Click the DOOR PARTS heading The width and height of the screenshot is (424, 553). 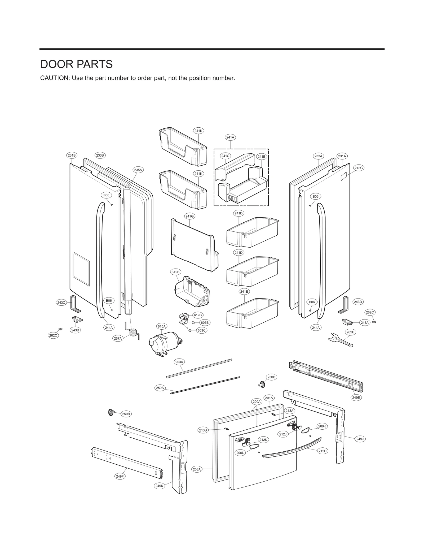click(76, 64)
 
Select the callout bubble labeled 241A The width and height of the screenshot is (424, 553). click(230, 137)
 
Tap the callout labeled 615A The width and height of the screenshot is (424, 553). click(161, 326)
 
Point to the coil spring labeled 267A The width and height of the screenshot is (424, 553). click(134, 333)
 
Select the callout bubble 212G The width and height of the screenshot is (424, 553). click(358, 168)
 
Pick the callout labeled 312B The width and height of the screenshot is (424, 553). click(175, 272)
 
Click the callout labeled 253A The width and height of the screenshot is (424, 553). click(179, 362)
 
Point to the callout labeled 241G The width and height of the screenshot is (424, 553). click(189, 216)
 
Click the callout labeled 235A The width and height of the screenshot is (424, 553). click(138, 170)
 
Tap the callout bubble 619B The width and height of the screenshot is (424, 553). click(198, 315)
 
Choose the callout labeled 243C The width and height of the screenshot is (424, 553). click(61, 303)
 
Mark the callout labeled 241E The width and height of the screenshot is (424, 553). click(244, 291)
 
